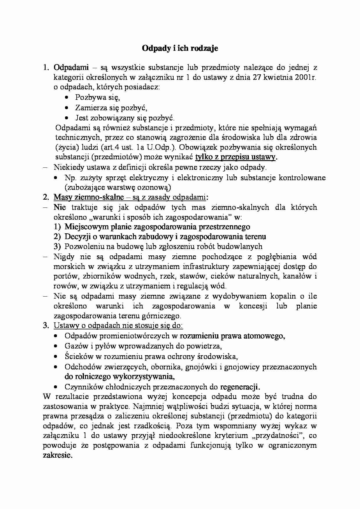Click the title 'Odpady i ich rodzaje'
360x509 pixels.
click(x=180, y=48)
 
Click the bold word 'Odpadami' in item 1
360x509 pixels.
click(x=71, y=68)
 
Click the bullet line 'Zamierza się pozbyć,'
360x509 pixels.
click(x=111, y=108)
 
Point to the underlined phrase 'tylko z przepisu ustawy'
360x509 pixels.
click(x=235, y=157)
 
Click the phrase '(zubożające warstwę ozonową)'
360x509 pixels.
click(x=118, y=187)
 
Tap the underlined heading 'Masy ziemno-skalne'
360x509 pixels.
click(x=89, y=197)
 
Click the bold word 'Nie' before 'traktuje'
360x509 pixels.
click(x=60, y=207)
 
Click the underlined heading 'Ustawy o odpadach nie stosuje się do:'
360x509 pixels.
click(x=118, y=325)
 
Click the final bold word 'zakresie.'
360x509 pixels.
click(x=57, y=455)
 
